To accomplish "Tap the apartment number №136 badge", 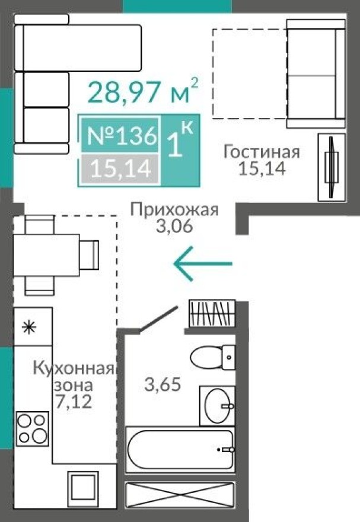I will [x=122, y=136].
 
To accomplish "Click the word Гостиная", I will [x=262, y=151].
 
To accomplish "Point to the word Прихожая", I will [x=174, y=209].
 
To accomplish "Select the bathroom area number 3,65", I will [x=163, y=383].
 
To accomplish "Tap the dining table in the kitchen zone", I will [x=46, y=255].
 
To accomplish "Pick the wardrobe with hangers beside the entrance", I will [x=212, y=313].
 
